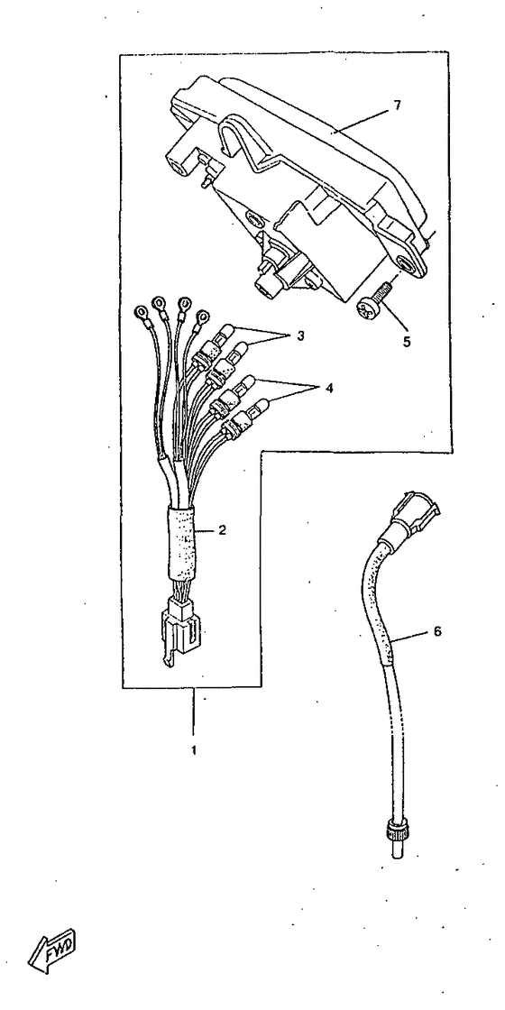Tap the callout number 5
[x=407, y=342]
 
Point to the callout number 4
[x=328, y=389]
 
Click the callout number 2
[x=222, y=531]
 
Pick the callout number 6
[x=437, y=631]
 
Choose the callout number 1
[x=194, y=750]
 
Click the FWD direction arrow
[x=52, y=950]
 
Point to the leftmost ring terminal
[x=139, y=315]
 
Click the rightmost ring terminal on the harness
[x=202, y=317]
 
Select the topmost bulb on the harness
[x=222, y=335]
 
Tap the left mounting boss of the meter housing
[x=185, y=157]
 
